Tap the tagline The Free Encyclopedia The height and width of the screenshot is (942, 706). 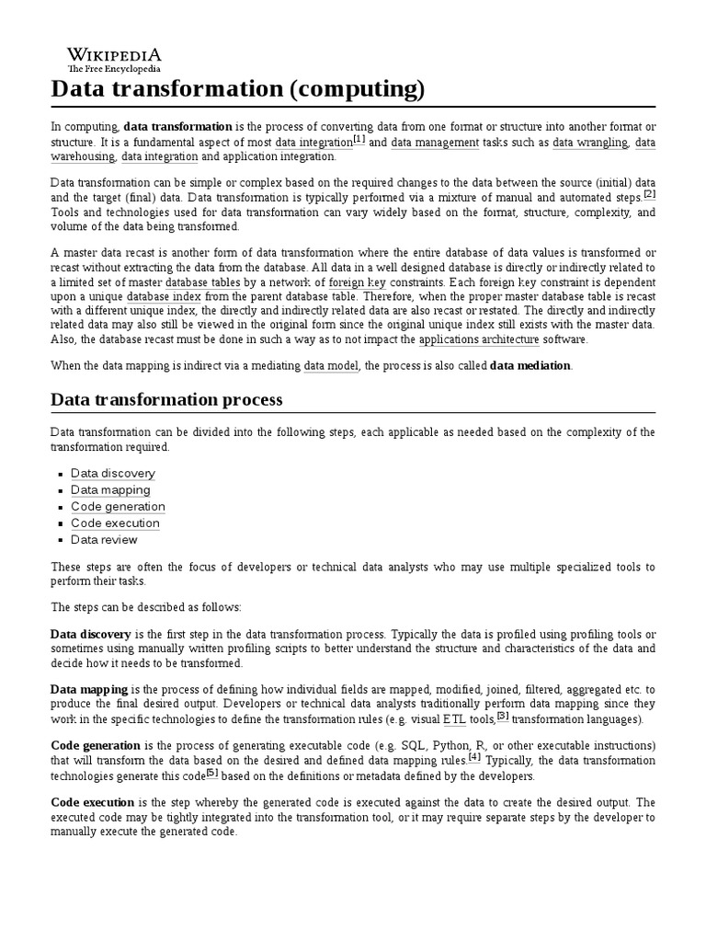[113, 69]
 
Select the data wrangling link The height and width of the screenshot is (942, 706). [590, 143]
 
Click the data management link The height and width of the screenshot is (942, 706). [435, 143]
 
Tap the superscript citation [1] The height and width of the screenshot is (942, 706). [359, 140]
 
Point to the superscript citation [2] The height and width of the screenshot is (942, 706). [649, 194]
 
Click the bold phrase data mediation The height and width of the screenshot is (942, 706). [530, 366]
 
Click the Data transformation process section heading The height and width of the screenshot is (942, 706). [166, 400]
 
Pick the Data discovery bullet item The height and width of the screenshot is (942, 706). [113, 474]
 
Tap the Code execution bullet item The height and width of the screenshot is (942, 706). [115, 523]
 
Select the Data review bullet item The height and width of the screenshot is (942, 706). [104, 540]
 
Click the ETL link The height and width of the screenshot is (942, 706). [454, 719]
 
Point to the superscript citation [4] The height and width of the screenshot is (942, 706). [474, 757]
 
